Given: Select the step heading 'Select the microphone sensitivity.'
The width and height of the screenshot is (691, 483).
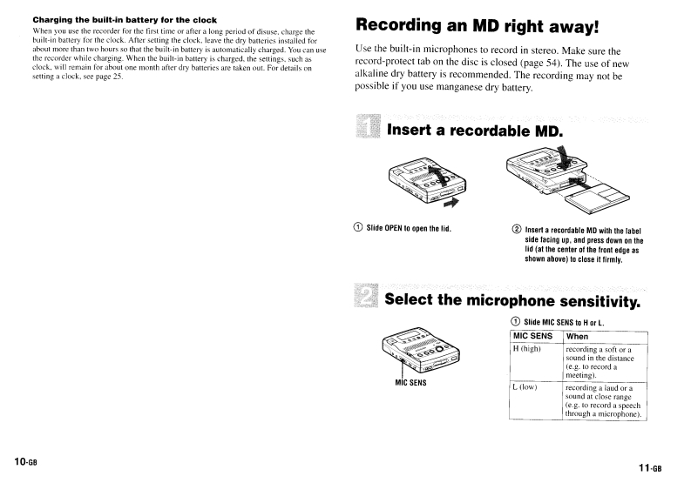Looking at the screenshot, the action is pos(511,301).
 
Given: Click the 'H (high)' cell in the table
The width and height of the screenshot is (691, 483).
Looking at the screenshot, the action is pos(528,349).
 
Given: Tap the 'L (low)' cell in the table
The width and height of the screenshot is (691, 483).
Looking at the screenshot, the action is pos(526,387).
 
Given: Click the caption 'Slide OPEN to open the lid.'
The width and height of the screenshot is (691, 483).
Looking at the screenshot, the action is pos(413,229).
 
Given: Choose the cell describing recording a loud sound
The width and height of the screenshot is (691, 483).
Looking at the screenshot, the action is pos(603,401).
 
